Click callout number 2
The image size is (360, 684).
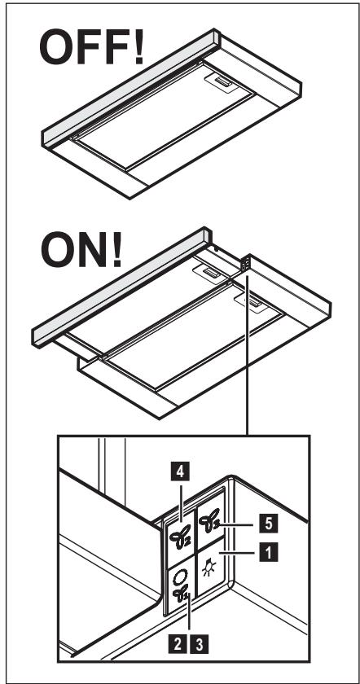click(x=178, y=645)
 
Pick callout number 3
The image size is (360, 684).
click(x=199, y=645)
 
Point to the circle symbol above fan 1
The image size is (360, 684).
click(x=179, y=577)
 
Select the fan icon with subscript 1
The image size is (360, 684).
click(x=181, y=594)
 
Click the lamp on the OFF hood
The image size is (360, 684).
click(x=222, y=81)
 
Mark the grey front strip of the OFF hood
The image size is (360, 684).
click(x=130, y=88)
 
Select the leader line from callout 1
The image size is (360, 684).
click(x=239, y=553)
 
